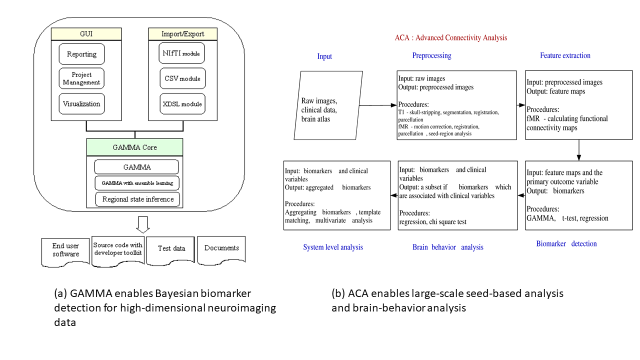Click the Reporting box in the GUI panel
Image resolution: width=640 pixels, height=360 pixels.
(81, 54)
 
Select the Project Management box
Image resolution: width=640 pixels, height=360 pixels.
(81, 78)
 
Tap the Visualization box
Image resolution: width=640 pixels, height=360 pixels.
(81, 104)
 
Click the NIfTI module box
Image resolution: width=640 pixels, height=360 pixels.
(182, 53)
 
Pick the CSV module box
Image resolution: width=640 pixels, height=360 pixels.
(182, 78)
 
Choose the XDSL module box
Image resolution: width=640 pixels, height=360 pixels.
(182, 104)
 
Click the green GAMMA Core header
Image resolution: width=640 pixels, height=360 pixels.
(135, 147)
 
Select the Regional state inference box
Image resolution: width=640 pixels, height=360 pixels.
(137, 199)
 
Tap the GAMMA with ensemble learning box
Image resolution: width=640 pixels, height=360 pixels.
(136, 183)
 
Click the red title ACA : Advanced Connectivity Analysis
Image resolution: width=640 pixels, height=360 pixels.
(451, 38)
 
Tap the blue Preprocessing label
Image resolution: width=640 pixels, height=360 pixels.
(431, 55)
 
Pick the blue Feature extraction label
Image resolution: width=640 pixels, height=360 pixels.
(565, 55)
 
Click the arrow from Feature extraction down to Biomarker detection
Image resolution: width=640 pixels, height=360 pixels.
(578, 150)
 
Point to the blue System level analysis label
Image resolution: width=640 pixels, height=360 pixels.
(333, 247)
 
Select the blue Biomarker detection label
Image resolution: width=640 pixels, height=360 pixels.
(566, 244)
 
